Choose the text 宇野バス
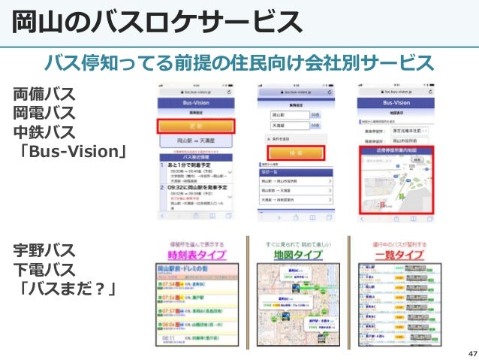[44, 250]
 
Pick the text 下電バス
[44, 269]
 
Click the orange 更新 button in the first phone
[195, 126]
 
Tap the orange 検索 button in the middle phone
[295, 151]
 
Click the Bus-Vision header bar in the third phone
[395, 99]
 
